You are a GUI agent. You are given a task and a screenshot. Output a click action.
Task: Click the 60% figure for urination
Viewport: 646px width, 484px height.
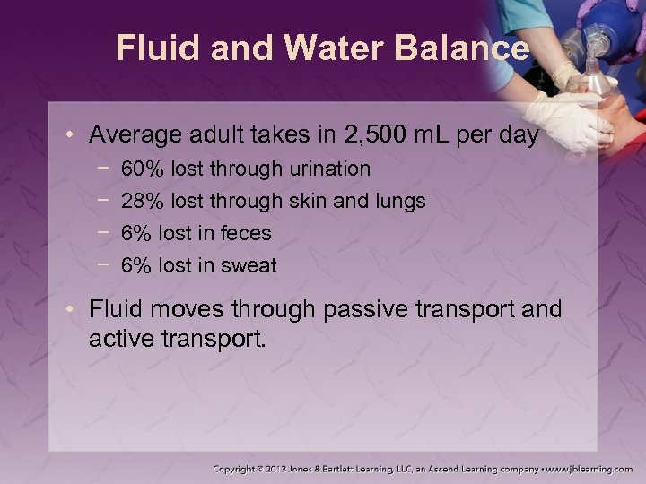(140, 169)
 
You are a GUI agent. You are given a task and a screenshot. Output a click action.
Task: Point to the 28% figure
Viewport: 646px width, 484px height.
(140, 201)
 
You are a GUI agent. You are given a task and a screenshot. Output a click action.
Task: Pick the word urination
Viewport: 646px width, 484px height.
(327, 169)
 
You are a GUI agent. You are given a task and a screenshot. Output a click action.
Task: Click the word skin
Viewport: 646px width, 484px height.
(308, 201)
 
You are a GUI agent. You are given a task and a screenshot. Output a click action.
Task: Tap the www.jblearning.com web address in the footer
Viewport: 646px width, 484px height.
(593, 468)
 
